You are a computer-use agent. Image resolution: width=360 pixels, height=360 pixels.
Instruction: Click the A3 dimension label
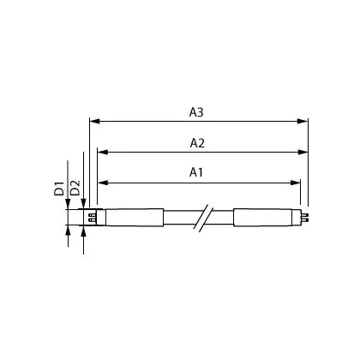tap(196, 112)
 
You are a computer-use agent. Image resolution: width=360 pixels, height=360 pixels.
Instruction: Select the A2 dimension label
tap(197, 143)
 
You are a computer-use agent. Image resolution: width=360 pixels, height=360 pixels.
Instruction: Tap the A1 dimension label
tap(196, 172)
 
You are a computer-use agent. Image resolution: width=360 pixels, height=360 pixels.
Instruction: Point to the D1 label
tap(59, 188)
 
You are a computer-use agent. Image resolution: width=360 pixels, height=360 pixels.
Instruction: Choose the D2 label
tap(75, 188)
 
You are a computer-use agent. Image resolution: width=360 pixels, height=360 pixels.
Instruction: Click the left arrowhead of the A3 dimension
tap(94, 121)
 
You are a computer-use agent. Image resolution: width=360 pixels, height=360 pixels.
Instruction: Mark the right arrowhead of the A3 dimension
tap(303, 121)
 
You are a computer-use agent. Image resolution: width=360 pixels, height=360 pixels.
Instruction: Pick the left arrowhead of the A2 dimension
tap(103, 152)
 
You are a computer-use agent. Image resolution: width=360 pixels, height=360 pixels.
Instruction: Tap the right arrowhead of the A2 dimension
tap(303, 152)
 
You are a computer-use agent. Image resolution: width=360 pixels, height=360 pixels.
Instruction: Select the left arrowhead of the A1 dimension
tap(103, 183)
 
